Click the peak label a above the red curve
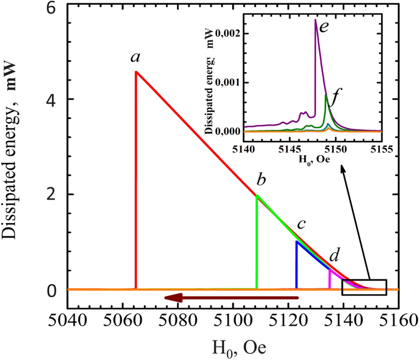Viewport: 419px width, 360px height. (x=136, y=57)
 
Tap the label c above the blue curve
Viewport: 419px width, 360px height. (x=302, y=225)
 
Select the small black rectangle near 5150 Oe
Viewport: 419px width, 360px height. (x=364, y=287)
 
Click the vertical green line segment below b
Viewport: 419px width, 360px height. (x=257, y=243)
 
